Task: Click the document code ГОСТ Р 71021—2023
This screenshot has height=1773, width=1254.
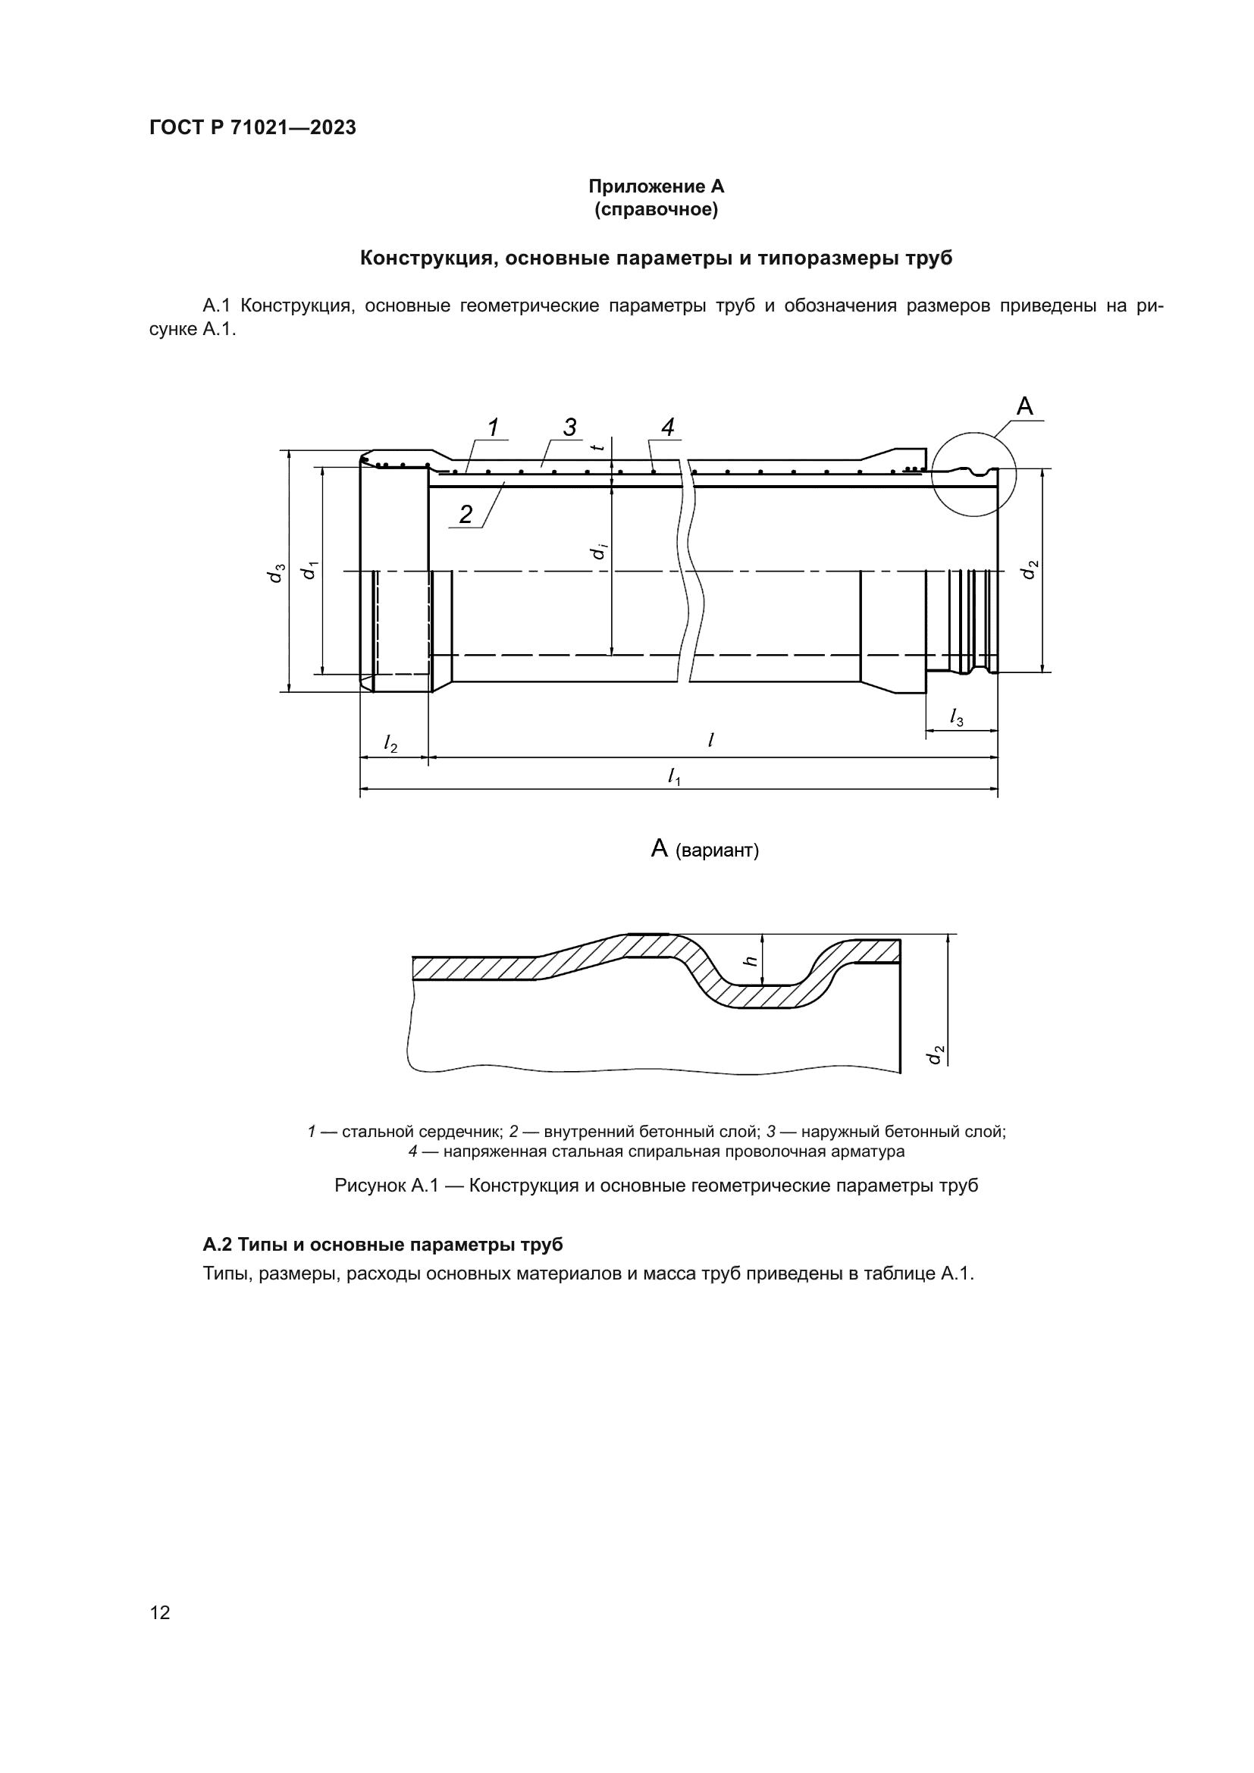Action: [252, 128]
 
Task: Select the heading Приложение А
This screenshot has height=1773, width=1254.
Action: [656, 186]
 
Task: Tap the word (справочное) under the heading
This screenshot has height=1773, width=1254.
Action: [656, 209]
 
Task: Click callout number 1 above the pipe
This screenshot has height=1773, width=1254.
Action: [493, 426]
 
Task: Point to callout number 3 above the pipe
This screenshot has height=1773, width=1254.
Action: [569, 426]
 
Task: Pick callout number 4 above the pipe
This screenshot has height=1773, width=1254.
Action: [668, 426]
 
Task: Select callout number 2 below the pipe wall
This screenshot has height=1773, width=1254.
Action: [466, 514]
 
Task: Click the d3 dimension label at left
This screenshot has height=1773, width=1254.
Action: [276, 572]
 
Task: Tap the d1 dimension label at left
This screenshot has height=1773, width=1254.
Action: [309, 570]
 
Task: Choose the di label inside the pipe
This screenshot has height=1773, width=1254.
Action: [597, 551]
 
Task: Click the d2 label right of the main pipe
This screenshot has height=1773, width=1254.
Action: [1030, 569]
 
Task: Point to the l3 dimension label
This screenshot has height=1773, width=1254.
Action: [957, 717]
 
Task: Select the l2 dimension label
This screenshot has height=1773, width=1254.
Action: [390, 743]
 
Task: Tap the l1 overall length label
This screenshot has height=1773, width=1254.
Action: [674, 775]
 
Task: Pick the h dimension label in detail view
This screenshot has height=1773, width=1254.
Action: [748, 960]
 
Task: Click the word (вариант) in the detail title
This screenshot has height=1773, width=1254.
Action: [717, 851]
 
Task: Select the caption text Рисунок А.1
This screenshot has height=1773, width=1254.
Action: [386, 1186]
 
